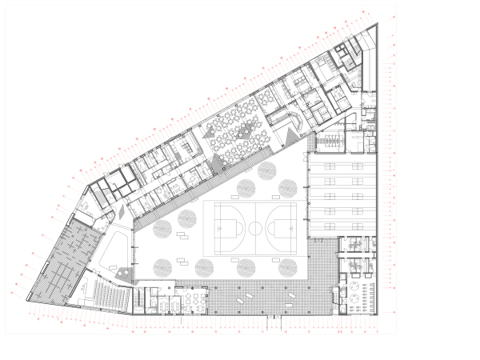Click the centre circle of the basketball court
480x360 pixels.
coord(254,228)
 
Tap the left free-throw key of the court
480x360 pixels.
coord(219,228)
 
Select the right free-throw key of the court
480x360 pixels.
coord(289,228)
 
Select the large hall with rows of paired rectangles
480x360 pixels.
coord(339,196)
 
